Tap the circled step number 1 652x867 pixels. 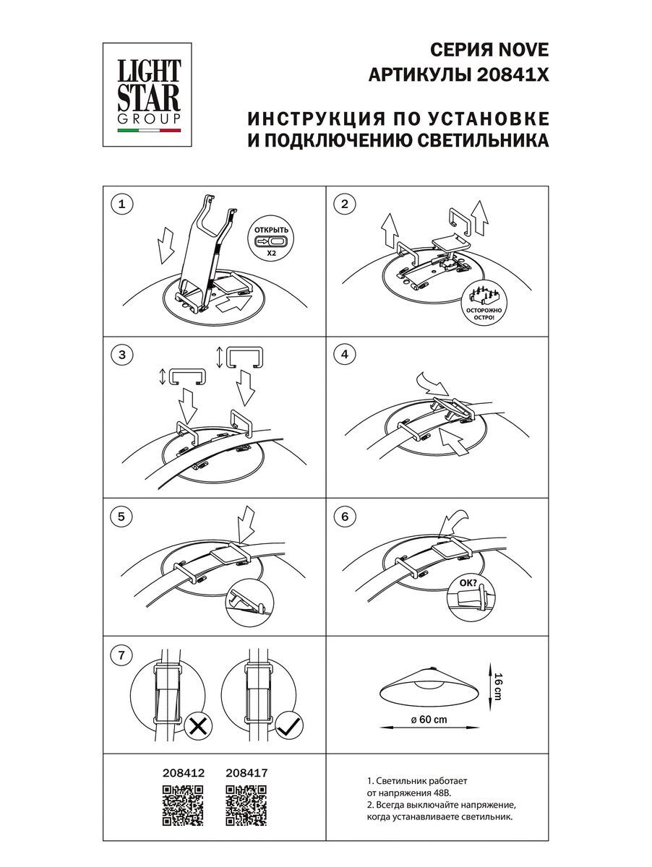(121, 204)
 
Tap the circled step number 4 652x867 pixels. (345, 354)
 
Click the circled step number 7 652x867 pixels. (121, 655)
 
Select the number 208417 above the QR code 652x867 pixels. (247, 772)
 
